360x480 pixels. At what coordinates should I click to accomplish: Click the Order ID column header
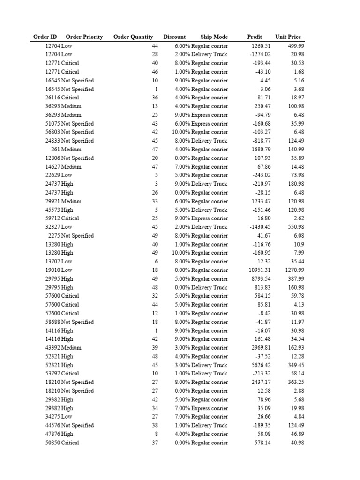click(x=45, y=37)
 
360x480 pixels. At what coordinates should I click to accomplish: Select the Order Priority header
click(x=84, y=37)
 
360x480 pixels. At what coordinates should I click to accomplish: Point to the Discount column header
click(x=174, y=37)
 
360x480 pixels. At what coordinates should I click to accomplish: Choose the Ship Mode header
click(x=214, y=37)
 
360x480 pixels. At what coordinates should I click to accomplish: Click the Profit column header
click(x=255, y=37)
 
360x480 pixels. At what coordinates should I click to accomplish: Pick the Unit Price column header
click(x=288, y=37)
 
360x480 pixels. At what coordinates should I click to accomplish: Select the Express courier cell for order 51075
click(x=210, y=124)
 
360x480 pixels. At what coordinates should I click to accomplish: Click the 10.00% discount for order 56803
click(x=180, y=132)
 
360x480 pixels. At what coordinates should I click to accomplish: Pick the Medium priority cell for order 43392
click(x=71, y=348)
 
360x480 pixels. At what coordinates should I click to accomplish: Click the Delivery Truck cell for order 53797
click(x=209, y=374)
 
